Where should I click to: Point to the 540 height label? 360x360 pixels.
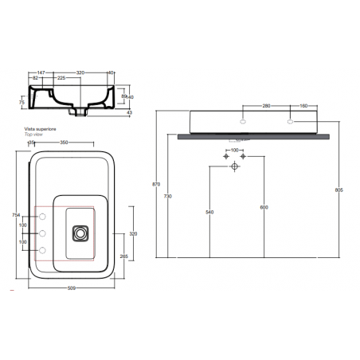209,212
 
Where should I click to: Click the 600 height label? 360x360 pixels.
262,208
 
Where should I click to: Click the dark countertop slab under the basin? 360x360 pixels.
255,136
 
